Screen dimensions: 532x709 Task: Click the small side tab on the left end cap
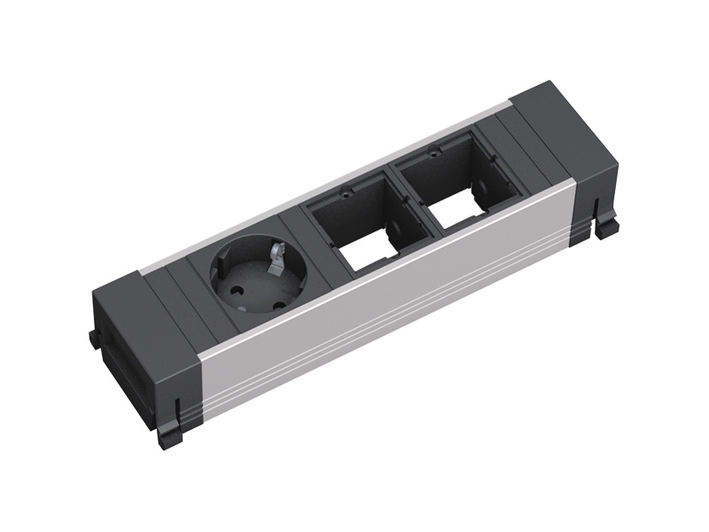pos(93,340)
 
